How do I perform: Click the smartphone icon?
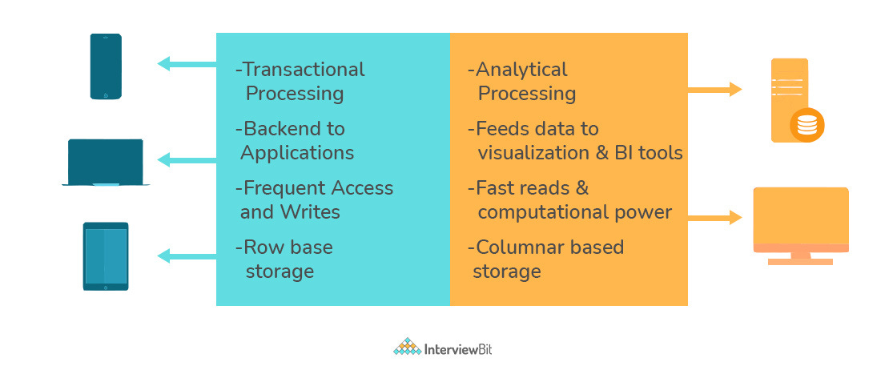point(106,66)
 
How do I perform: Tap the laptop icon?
point(106,163)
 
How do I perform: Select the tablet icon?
point(106,256)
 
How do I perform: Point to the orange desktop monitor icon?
point(800,224)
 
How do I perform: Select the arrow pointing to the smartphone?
point(187,63)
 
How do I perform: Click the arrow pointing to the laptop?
point(187,159)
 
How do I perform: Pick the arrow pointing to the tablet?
point(187,255)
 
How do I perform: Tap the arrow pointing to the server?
point(714,90)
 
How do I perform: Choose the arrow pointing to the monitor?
point(714,216)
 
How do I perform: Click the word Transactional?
point(304,70)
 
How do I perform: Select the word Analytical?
point(521,70)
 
